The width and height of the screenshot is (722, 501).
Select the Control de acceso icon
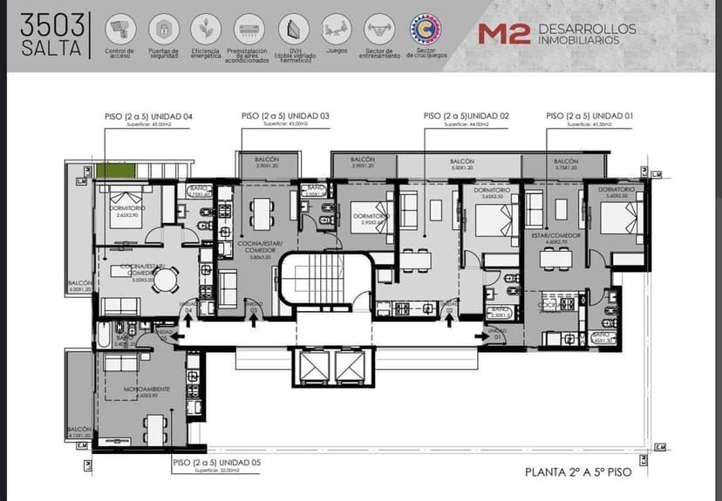[119, 29]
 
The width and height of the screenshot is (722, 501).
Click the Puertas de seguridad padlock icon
[163, 29]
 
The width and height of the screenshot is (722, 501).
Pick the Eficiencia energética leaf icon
[206, 29]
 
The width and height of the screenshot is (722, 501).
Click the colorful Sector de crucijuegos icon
[425, 28]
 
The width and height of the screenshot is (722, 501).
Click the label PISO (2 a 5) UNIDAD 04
[146, 116]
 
